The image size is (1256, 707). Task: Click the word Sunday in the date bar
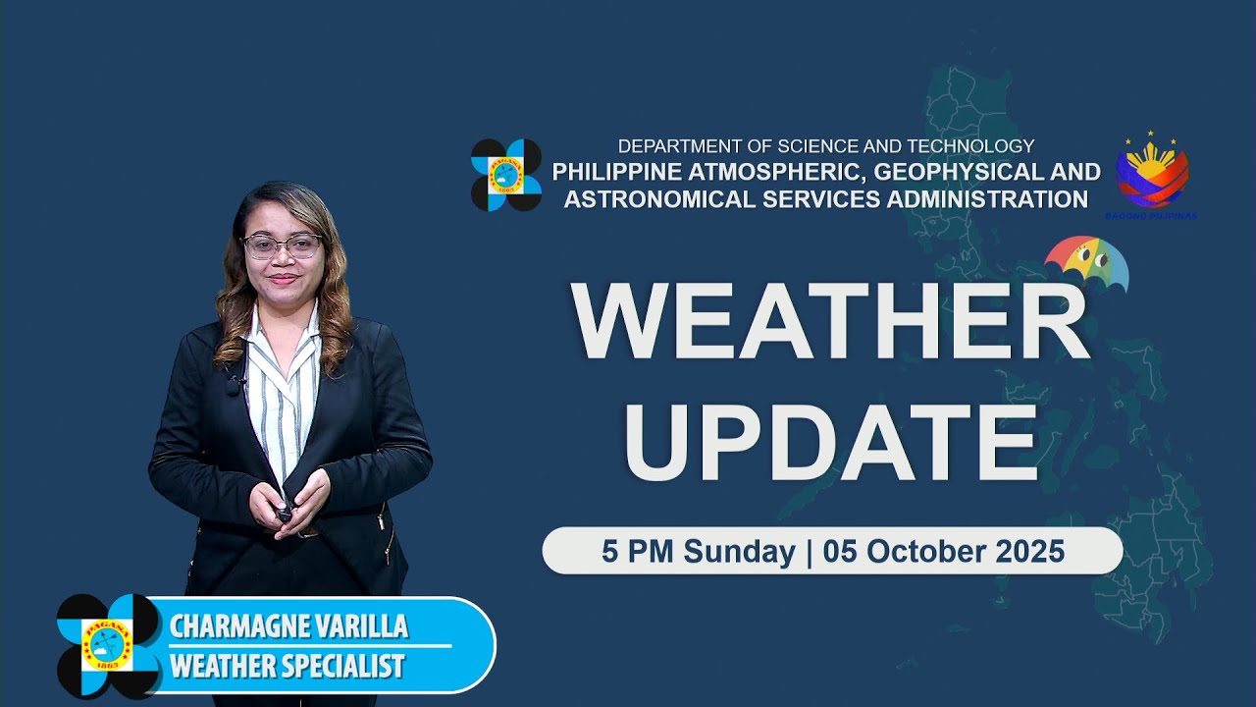click(x=739, y=552)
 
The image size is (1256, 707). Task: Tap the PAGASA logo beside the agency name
click(x=506, y=175)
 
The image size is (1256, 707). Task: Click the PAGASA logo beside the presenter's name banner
click(x=109, y=645)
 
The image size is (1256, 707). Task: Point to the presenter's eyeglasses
click(x=282, y=245)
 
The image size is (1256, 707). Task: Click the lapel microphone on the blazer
click(x=234, y=385)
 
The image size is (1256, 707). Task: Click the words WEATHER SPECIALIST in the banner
click(x=287, y=666)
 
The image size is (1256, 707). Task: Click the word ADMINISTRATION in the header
click(x=971, y=199)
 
